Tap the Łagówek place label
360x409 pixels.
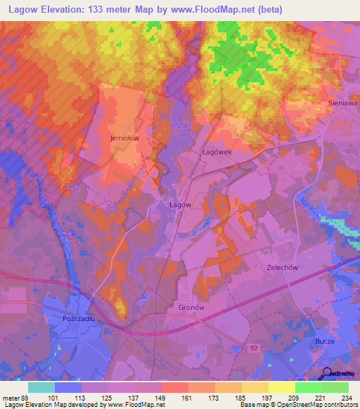(196, 150)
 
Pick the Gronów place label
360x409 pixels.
(191, 308)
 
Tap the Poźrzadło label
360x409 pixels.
(78, 318)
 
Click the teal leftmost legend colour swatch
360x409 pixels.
(41, 387)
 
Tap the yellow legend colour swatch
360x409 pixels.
(281, 387)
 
